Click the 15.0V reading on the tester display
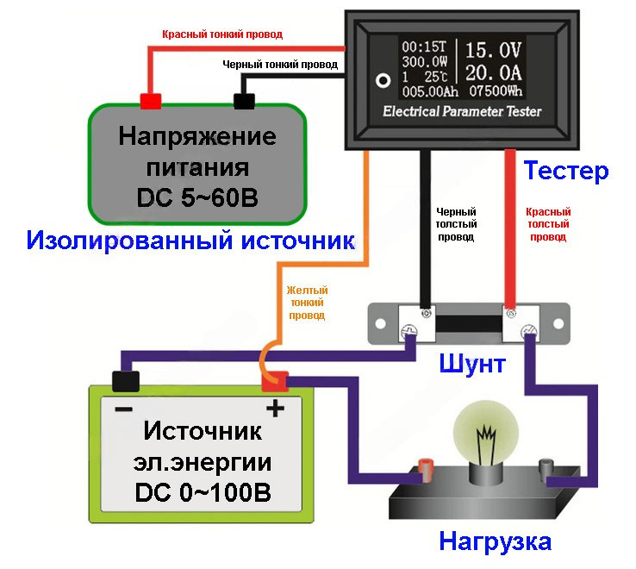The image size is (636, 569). coord(494,49)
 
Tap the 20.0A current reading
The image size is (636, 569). coord(494,72)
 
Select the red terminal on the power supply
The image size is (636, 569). coord(151,101)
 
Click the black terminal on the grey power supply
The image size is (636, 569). coord(244,101)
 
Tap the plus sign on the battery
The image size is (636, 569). coord(275,408)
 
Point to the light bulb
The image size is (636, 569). coord(487,435)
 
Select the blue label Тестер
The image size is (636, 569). coord(566,170)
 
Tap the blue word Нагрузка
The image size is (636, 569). coord(495,541)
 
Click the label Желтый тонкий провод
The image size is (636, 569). coord(307,303)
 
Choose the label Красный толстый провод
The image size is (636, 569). coord(548,224)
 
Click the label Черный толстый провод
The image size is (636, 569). coord(456,224)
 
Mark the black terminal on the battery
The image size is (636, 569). coord(126,379)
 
